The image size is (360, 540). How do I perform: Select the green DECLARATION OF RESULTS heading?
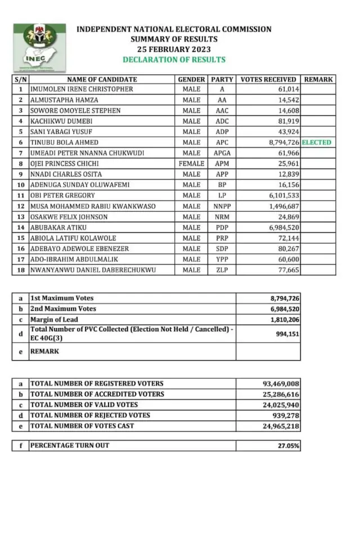point(174,60)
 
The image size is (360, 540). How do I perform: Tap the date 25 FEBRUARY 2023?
point(174,49)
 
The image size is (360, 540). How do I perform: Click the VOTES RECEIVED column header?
point(268,79)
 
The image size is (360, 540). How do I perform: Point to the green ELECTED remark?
point(317,143)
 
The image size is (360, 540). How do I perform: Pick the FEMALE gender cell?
point(191,164)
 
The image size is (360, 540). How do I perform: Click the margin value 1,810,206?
point(281,319)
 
